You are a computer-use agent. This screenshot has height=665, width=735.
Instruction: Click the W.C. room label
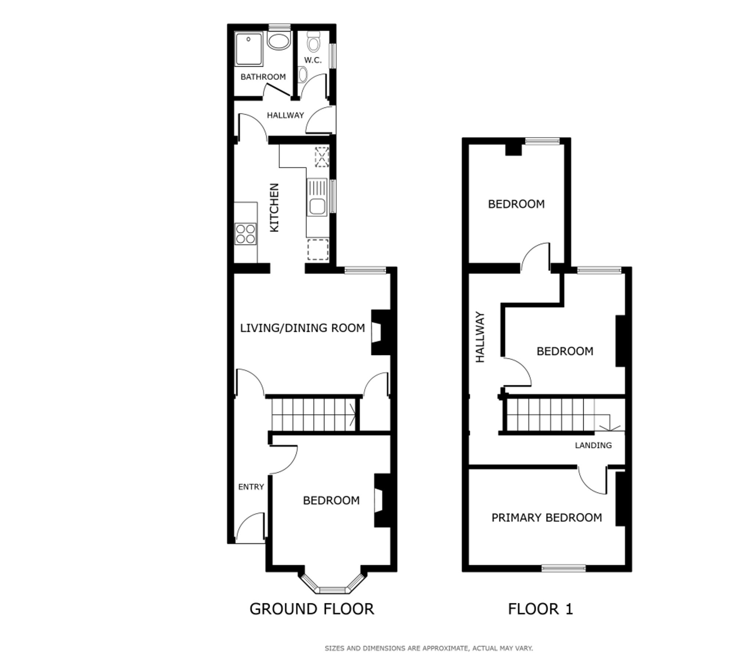click(313, 60)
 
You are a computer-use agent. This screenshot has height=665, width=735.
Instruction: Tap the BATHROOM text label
click(263, 77)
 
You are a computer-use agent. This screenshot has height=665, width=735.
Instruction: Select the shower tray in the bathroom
click(249, 49)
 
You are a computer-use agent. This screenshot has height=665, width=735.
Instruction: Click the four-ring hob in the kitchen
click(245, 234)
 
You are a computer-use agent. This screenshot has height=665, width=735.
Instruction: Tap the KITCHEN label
click(275, 208)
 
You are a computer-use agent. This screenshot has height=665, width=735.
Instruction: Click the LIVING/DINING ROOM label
click(302, 328)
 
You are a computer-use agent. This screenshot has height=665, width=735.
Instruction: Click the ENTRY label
click(251, 487)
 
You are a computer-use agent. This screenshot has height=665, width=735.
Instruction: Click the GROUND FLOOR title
click(312, 609)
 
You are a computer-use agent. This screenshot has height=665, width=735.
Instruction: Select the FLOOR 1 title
click(540, 609)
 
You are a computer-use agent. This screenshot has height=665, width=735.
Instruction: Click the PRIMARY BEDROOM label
click(546, 518)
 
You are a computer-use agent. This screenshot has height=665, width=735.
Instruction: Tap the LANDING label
click(593, 445)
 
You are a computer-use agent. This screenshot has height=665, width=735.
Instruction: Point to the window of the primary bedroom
click(563, 568)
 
